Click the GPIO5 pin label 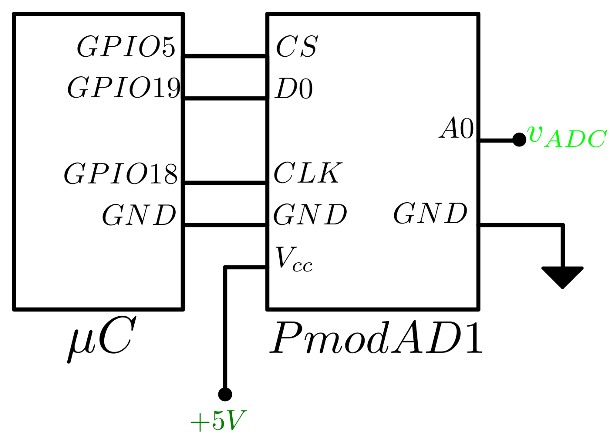(x=126, y=47)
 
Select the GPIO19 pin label (x=124, y=88)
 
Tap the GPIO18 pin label (x=121, y=174)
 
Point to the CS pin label (x=297, y=47)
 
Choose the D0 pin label (x=294, y=89)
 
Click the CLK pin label (x=308, y=173)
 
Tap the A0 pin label (x=457, y=128)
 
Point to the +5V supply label (x=218, y=421)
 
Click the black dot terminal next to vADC (x=519, y=140)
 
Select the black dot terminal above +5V (x=225, y=394)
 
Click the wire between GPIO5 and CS (x=225, y=56)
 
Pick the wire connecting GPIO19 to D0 (x=225, y=98)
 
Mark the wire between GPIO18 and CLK (x=225, y=183)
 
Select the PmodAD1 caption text (x=376, y=338)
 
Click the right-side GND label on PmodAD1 (x=430, y=214)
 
